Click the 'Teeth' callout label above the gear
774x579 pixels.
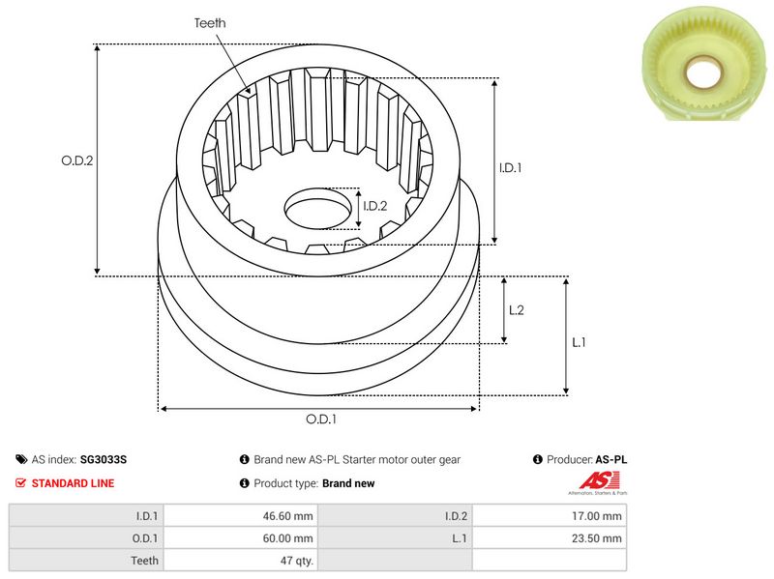point(210,22)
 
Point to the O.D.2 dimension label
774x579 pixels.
point(77,161)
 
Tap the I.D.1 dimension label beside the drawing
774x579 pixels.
point(511,167)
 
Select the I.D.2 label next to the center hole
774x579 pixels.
point(374,206)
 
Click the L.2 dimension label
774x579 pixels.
point(516,309)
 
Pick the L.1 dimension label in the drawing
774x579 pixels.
point(579,342)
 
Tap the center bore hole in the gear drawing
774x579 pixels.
point(317,210)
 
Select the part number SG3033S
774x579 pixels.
point(104,460)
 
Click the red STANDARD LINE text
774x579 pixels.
point(73,483)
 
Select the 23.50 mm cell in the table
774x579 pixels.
point(599,537)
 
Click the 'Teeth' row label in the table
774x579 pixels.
point(145,560)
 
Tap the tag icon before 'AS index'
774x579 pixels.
point(21,460)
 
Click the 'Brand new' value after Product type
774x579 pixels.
point(348,483)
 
